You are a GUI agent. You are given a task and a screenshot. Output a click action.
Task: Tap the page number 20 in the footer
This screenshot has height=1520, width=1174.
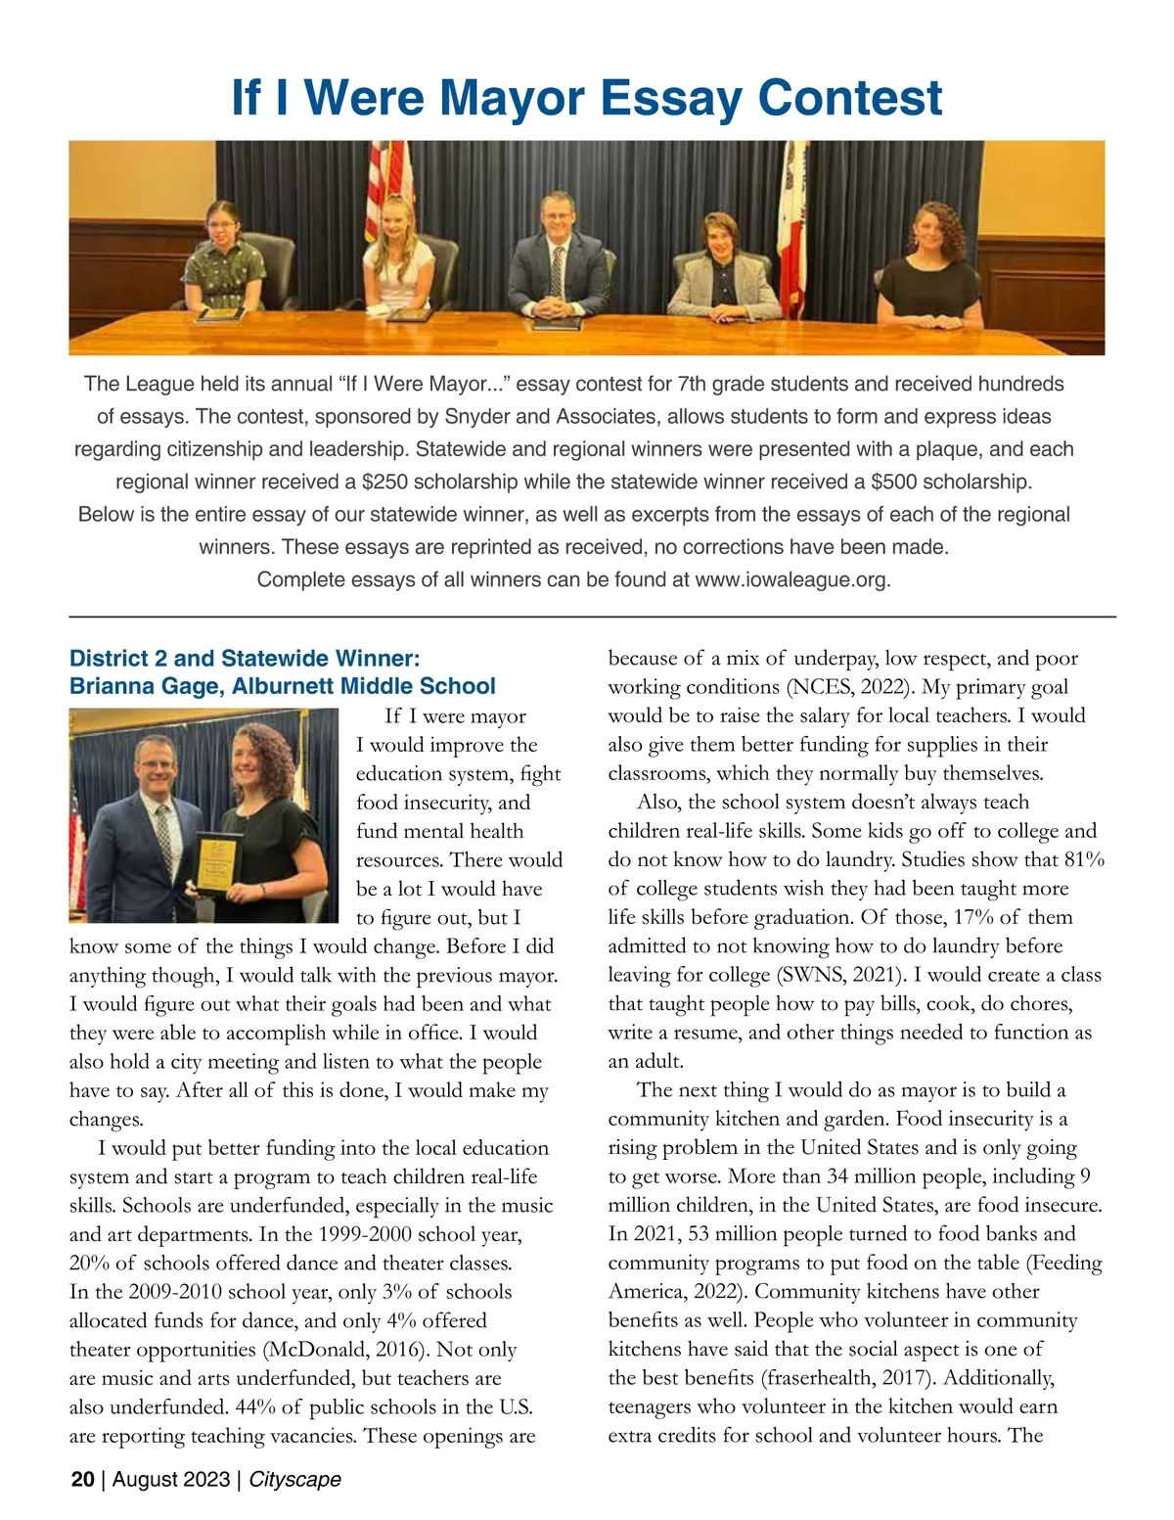tap(82, 1479)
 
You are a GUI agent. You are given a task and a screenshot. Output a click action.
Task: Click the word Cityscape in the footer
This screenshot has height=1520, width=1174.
tap(294, 1479)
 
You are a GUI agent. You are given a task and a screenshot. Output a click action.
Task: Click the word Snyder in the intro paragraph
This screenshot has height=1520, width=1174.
tap(477, 417)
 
